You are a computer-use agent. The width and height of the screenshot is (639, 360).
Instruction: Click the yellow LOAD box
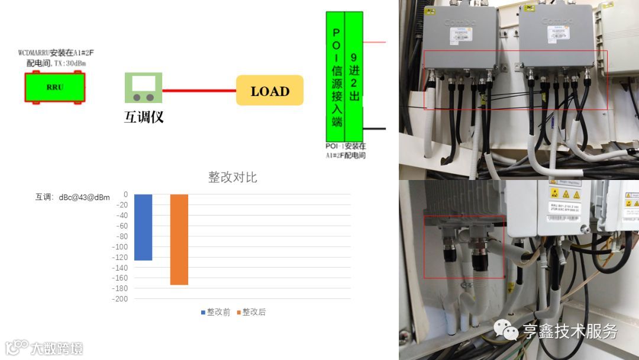point(270,91)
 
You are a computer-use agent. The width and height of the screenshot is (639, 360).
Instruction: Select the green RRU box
point(54,87)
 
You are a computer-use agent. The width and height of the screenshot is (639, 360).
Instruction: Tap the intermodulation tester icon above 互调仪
point(143,88)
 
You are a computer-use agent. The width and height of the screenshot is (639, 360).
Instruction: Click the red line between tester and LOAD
point(199,91)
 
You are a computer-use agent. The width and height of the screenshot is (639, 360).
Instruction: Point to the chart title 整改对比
point(233,177)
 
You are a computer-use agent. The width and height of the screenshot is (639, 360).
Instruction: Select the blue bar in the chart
point(143,227)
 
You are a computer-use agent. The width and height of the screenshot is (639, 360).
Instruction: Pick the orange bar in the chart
point(179,239)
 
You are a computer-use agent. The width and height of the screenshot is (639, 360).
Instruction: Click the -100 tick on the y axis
point(120,247)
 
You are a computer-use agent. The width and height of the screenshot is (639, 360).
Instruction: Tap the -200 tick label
point(120,299)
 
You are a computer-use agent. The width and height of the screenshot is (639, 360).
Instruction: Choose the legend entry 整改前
point(218,312)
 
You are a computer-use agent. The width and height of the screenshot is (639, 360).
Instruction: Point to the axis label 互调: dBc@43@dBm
point(72,197)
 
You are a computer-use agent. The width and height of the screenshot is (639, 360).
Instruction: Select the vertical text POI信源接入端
point(337,77)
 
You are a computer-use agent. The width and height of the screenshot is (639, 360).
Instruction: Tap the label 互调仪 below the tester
point(144,117)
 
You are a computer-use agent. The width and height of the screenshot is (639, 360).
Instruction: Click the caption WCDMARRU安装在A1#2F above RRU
point(56,53)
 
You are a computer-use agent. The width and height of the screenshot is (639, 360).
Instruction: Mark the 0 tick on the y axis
point(125,194)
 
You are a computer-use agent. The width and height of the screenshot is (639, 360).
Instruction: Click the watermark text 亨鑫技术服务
point(569,331)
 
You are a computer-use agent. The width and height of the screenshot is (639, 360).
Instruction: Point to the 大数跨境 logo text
point(57,348)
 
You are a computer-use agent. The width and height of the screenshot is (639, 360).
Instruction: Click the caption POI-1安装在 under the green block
point(346,146)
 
